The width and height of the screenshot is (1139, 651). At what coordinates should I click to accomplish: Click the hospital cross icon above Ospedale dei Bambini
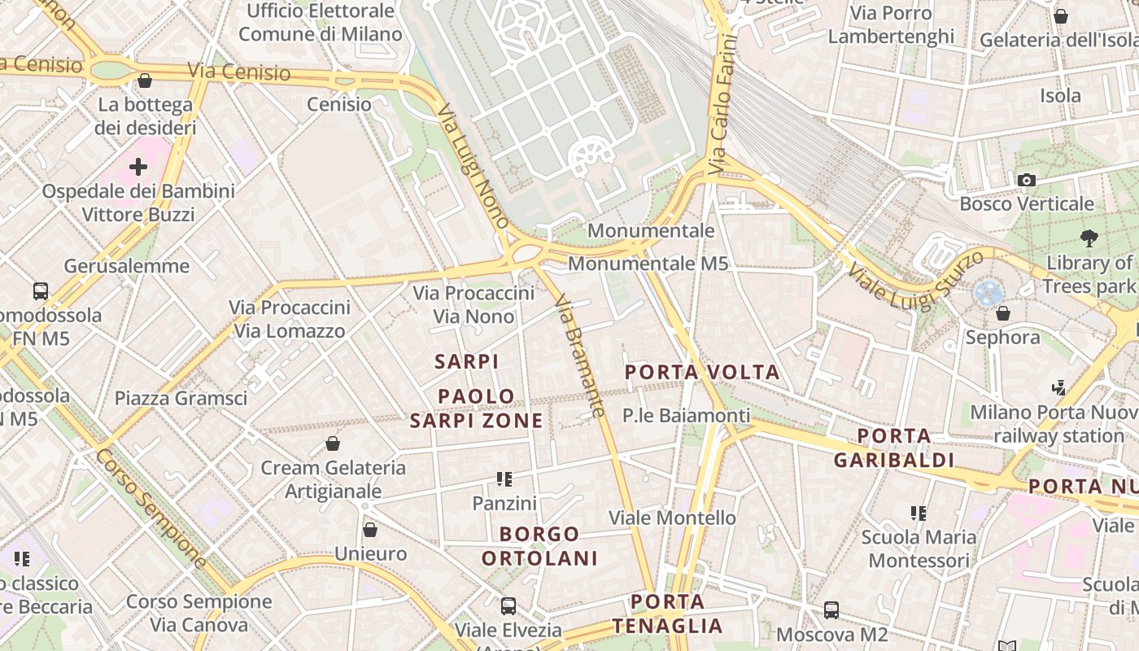138,167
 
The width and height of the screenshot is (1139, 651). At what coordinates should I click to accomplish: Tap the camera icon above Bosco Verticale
1027,180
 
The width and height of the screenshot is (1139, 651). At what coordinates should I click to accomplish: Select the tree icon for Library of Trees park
1089,238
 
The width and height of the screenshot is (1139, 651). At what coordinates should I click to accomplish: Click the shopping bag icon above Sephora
1003,312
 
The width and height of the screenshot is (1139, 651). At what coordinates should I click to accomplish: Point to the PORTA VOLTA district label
702,373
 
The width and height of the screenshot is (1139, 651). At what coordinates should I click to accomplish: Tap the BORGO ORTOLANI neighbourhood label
539,546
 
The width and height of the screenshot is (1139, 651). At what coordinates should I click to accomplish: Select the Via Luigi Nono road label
473,166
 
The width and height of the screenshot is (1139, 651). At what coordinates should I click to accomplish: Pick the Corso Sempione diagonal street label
151,506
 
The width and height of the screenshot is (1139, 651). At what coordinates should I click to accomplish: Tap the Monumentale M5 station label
648,264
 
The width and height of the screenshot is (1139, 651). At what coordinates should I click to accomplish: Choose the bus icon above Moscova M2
831,609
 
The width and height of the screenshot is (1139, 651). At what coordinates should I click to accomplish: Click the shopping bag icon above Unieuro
370,530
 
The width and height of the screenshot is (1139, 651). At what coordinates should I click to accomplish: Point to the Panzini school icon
504,479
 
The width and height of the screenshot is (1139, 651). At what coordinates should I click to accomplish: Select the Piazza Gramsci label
181,398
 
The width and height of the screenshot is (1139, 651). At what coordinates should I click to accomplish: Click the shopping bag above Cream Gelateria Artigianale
332,443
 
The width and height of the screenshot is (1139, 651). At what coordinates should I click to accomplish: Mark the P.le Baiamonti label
686,416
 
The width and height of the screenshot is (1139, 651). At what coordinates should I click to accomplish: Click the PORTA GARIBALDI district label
894,448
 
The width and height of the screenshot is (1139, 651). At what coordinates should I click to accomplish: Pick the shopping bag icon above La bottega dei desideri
145,81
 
